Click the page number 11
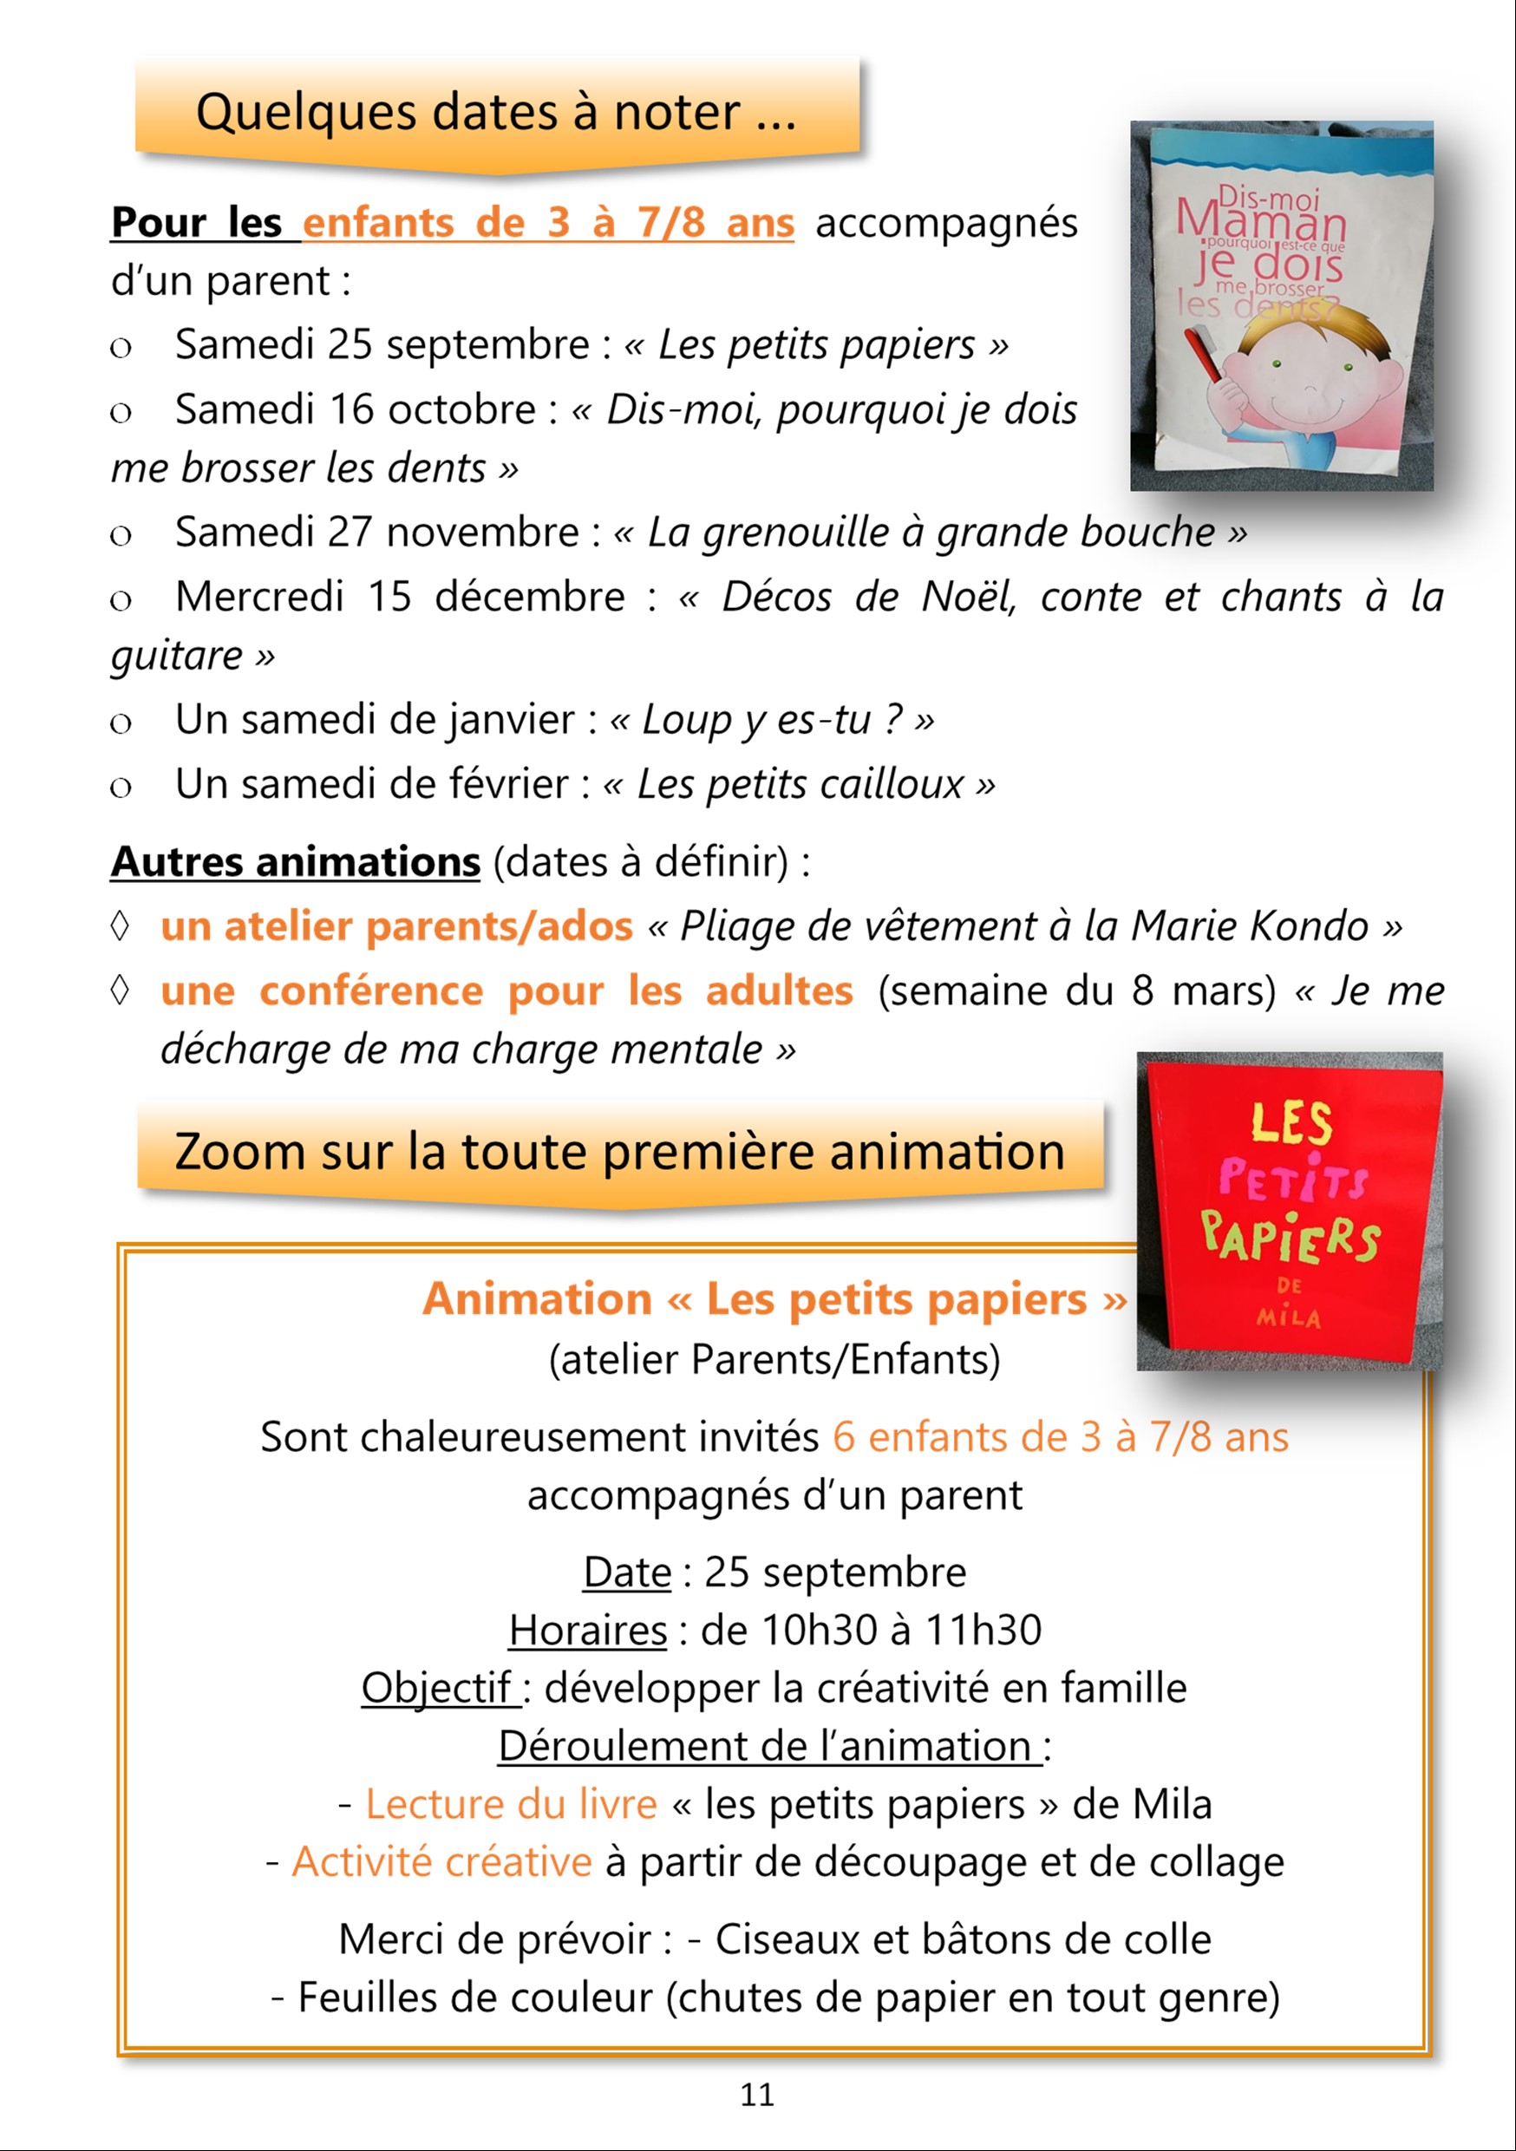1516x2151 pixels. (757, 2095)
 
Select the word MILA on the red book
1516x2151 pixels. (1290, 1317)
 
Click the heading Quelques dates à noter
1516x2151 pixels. (496, 113)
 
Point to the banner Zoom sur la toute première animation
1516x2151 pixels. (619, 1150)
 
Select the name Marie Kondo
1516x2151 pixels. (1250, 925)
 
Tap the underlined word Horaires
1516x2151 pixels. (587, 1630)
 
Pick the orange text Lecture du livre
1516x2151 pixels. (511, 1804)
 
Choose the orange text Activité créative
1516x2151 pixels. (441, 1862)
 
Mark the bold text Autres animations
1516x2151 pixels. (295, 862)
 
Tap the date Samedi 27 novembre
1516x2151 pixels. (376, 533)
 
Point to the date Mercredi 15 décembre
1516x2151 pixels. (400, 597)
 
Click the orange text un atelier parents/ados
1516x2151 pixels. (396, 925)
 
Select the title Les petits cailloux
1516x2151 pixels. (800, 784)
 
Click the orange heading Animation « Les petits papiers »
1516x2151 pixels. (774, 1299)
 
